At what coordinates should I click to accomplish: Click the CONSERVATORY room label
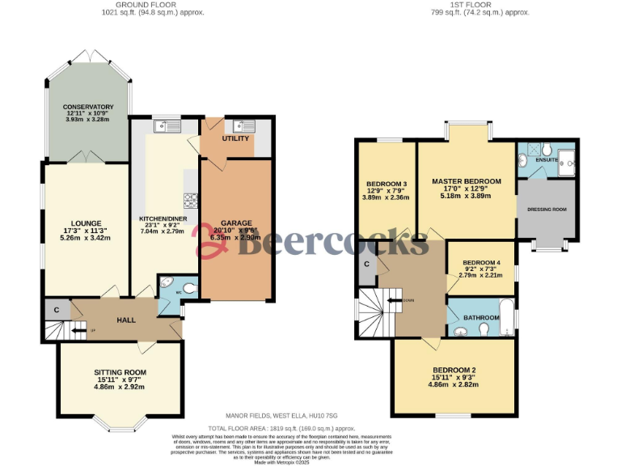tap(88, 107)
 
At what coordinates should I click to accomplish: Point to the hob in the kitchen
tap(192, 200)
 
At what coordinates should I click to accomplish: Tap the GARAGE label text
tap(236, 222)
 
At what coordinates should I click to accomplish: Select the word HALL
tap(126, 320)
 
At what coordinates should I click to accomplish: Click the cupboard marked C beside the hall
tap(57, 309)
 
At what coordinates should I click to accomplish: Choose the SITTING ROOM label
tap(118, 373)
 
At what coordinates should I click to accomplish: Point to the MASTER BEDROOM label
tap(466, 181)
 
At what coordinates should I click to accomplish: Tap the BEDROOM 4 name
tap(480, 263)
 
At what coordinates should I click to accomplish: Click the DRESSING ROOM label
tap(547, 210)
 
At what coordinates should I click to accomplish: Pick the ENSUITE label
tap(547, 159)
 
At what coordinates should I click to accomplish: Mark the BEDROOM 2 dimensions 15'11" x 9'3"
tap(454, 379)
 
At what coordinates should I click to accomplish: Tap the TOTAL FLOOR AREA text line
tap(281, 427)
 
